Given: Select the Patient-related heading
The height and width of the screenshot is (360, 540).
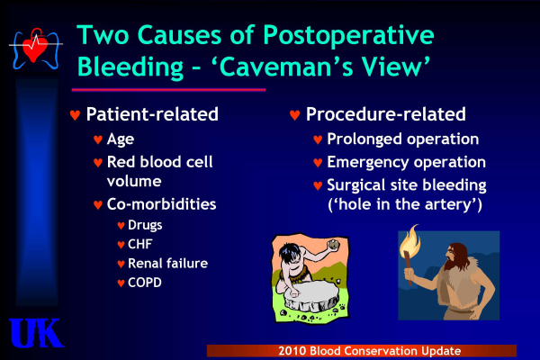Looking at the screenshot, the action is [x=152, y=114].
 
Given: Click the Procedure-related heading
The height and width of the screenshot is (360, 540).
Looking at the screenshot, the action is [x=386, y=114].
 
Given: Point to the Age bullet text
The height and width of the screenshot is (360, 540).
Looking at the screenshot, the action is [x=121, y=139].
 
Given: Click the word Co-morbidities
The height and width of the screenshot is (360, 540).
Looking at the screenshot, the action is [x=161, y=204].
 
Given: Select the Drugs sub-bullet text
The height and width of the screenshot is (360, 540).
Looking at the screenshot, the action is [x=145, y=225].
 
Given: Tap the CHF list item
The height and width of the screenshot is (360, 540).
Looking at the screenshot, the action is [x=139, y=244].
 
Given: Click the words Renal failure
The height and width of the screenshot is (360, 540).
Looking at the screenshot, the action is [x=167, y=264].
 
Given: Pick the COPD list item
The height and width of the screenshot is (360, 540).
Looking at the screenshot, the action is [x=145, y=283].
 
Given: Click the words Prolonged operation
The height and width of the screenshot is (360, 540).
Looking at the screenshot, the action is [x=403, y=139].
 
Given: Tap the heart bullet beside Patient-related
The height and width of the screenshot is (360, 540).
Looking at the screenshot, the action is [x=75, y=114].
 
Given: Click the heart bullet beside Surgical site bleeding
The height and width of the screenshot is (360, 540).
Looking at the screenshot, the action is [x=318, y=185].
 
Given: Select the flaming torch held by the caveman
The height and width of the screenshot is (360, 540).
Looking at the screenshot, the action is [x=409, y=253].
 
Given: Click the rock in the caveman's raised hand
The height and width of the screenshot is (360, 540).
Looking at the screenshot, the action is [x=333, y=244].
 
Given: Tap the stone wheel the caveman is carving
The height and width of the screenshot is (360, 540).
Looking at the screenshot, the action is [x=311, y=295].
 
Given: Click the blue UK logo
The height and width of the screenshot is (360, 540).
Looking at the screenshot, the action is [x=36, y=333].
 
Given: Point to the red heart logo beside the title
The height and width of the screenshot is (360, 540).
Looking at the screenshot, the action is [x=35, y=47].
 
